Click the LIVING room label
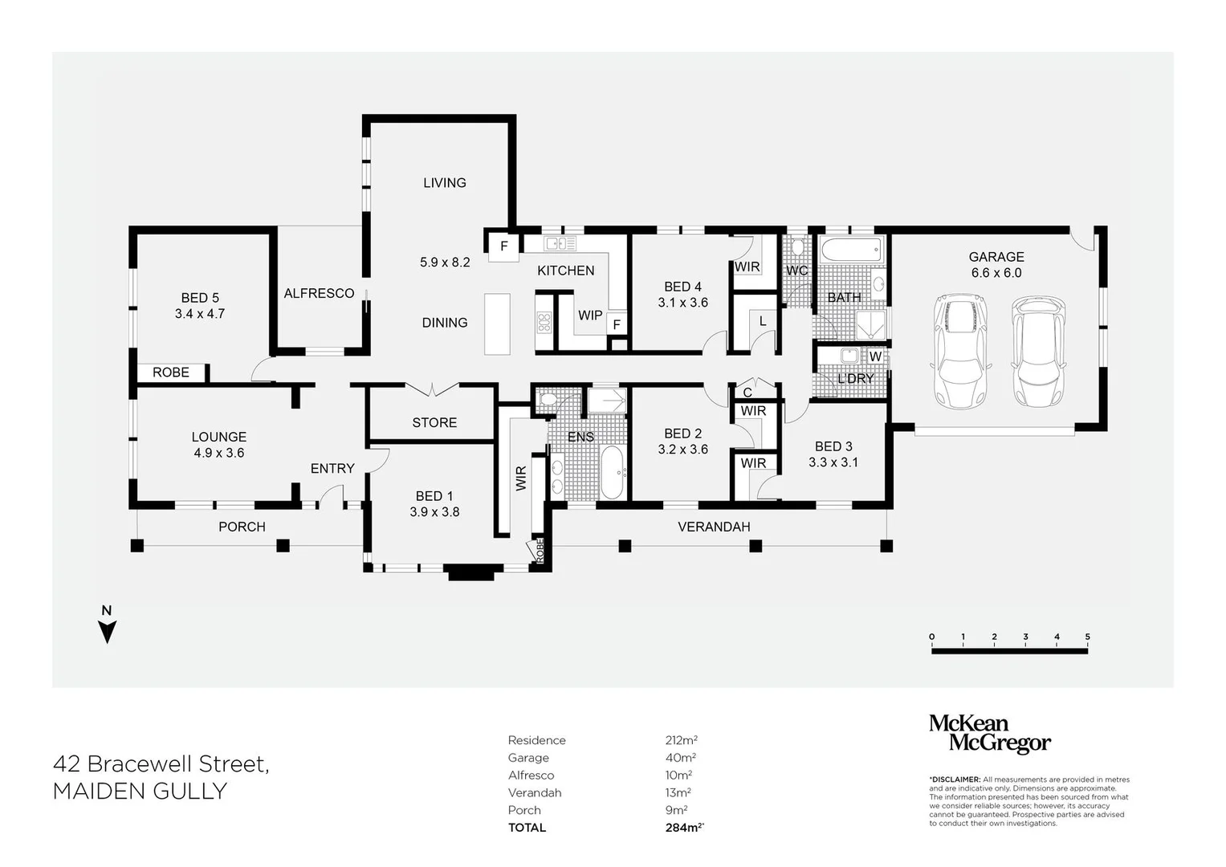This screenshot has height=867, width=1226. (444, 183)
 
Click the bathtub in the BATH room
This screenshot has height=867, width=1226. (851, 249)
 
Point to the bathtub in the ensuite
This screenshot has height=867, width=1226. (612, 474)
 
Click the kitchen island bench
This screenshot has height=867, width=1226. (497, 324)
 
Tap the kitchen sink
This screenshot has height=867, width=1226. (560, 243)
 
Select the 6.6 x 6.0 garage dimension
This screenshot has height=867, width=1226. (996, 273)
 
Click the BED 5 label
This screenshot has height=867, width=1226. (200, 298)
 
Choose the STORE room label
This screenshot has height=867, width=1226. (434, 422)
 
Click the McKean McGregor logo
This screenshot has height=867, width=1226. (989, 734)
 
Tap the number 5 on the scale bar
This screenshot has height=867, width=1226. (1088, 637)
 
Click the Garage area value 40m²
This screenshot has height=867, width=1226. (680, 758)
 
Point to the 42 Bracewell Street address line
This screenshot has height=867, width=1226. (161, 763)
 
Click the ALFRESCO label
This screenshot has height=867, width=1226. (319, 294)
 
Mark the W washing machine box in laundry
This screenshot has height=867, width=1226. (875, 356)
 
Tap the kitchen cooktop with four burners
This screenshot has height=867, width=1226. (544, 323)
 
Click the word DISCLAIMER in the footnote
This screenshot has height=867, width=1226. (955, 779)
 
